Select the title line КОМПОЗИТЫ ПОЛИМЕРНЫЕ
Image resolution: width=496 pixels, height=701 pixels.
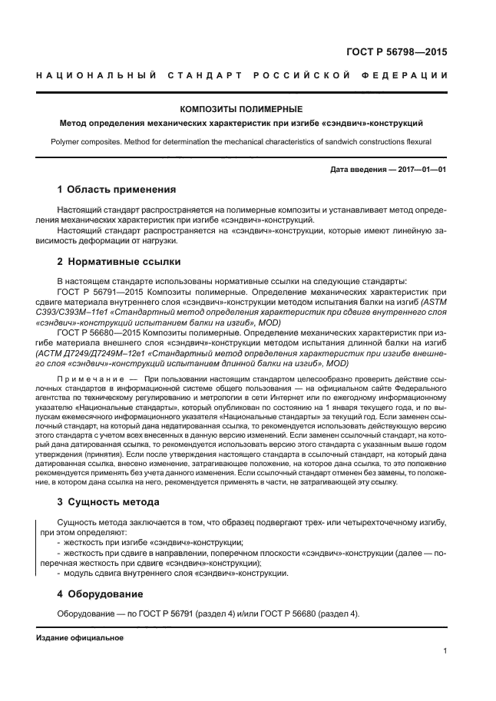click(240, 109)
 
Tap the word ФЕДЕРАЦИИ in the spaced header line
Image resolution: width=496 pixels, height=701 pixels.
click(412, 74)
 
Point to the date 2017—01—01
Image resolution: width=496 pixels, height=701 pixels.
click(418, 168)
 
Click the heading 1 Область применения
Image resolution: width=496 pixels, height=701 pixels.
click(117, 189)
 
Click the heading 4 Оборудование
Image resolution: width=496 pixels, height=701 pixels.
click(101, 594)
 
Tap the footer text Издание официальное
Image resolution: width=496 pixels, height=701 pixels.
click(80, 638)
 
